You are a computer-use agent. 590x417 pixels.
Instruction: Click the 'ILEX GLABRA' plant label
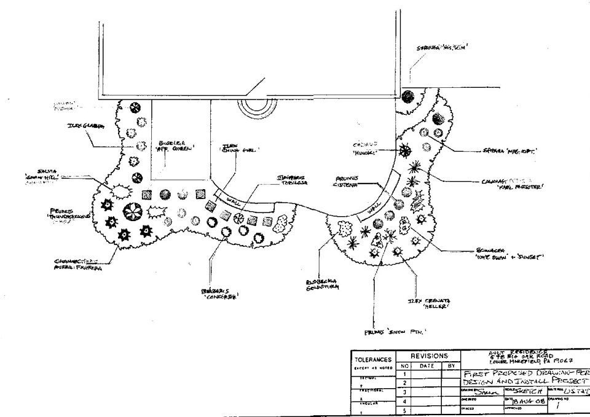coord(86,126)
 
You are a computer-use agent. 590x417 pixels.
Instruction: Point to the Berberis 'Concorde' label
coord(219,293)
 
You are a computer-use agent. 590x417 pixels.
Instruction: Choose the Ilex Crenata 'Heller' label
coord(430,303)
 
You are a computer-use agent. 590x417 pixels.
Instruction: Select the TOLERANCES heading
coord(372,359)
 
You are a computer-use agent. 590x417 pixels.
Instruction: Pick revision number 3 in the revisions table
coord(405,391)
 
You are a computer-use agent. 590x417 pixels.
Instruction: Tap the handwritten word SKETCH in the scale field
coord(521,391)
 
